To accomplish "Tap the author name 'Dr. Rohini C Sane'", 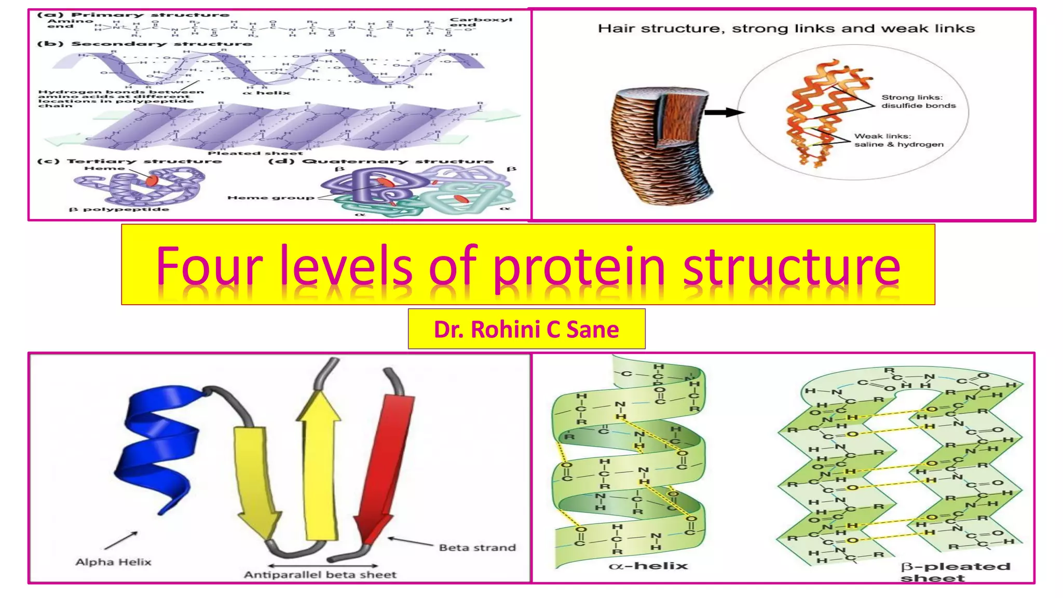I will click(526, 330).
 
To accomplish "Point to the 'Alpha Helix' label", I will click(113, 562).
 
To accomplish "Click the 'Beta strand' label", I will click(477, 548).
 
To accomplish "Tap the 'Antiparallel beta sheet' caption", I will click(320, 575).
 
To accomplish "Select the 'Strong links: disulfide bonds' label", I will click(918, 101).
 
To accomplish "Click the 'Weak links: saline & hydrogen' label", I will click(898, 140).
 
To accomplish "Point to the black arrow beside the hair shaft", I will click(725, 112).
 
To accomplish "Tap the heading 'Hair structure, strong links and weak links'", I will click(786, 29).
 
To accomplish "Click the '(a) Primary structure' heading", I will click(133, 15).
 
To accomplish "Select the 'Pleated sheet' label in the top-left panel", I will click(255, 153).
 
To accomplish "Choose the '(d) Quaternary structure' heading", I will click(381, 161).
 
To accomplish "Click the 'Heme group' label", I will click(270, 198).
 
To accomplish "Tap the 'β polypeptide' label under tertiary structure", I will click(119, 209).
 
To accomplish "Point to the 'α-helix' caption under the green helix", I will click(648, 566).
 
